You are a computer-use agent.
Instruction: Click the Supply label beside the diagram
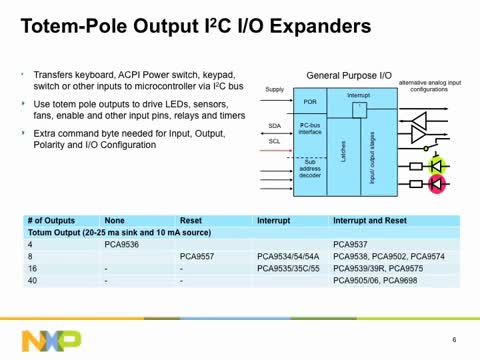275,90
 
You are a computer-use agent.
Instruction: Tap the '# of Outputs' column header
51,218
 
